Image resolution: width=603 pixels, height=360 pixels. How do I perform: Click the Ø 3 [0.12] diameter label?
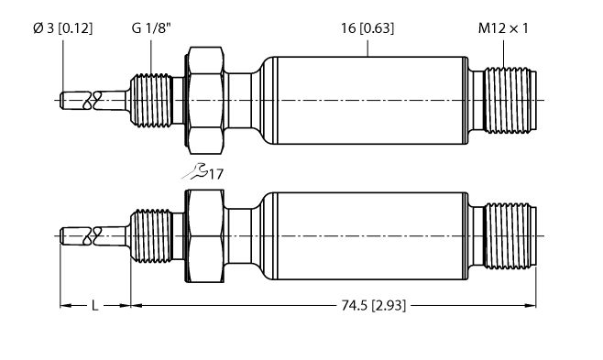[x=61, y=28]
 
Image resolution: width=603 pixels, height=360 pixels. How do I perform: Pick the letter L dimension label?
[x=94, y=305]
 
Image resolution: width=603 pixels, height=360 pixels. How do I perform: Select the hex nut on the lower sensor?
[x=205, y=236]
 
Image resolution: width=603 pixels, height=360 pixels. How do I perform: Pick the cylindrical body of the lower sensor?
[x=367, y=236]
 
